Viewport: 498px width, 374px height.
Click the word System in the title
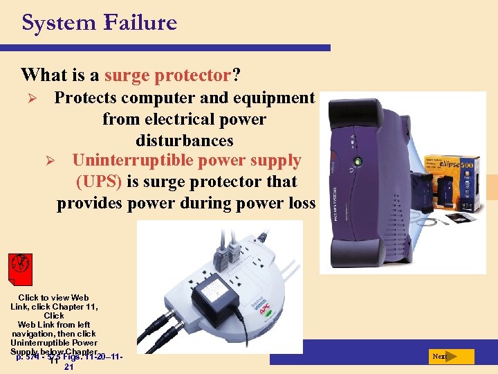[x=58, y=22]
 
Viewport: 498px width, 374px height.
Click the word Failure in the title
[x=140, y=22]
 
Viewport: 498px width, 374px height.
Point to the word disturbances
[x=185, y=141]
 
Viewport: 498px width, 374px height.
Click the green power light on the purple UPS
[x=358, y=163]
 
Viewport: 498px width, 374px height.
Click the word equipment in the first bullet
[x=274, y=98]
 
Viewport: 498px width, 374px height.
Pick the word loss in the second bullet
[x=299, y=203]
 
